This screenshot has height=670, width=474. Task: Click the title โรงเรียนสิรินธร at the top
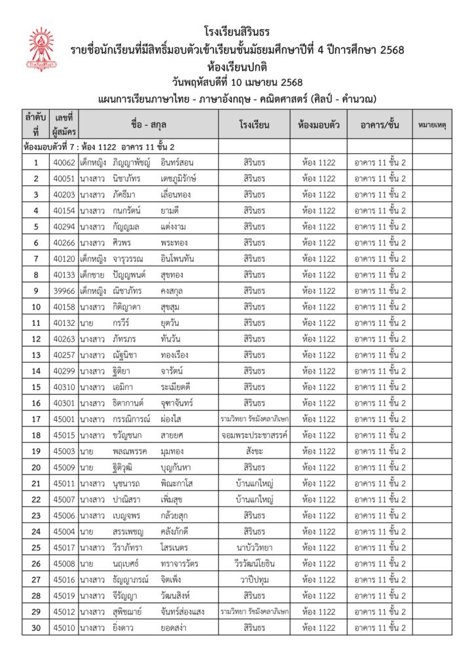click(x=236, y=31)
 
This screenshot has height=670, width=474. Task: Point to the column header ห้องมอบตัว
click(x=318, y=124)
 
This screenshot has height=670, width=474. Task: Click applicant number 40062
click(x=64, y=162)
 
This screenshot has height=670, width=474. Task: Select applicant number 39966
click(x=64, y=291)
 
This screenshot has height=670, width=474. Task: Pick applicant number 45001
click(x=64, y=419)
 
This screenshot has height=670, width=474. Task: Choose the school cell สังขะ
click(x=255, y=451)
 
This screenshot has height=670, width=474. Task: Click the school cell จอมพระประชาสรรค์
click(x=255, y=435)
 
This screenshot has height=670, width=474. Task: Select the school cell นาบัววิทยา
click(x=255, y=547)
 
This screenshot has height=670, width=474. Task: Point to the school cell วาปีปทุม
click(x=255, y=579)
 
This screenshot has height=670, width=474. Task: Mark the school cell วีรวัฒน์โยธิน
click(x=255, y=563)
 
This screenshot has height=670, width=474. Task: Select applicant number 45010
click(x=64, y=627)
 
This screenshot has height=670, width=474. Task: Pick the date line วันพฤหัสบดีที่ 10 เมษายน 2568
click(x=236, y=82)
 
